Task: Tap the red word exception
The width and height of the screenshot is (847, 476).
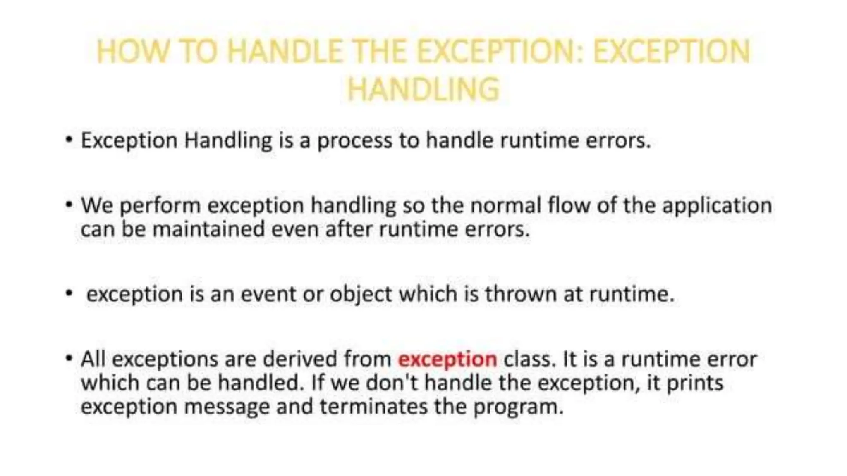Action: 447,359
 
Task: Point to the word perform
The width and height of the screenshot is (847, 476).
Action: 160,206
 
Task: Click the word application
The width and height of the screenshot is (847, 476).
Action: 717,206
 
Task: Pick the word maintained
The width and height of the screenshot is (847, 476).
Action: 208,229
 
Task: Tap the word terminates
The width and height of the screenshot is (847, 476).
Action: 373,407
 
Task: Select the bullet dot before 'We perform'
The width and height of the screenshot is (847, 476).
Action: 69,204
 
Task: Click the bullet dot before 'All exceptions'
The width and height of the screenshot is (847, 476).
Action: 69,358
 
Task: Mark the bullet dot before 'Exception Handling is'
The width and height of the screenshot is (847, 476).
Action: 69,140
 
